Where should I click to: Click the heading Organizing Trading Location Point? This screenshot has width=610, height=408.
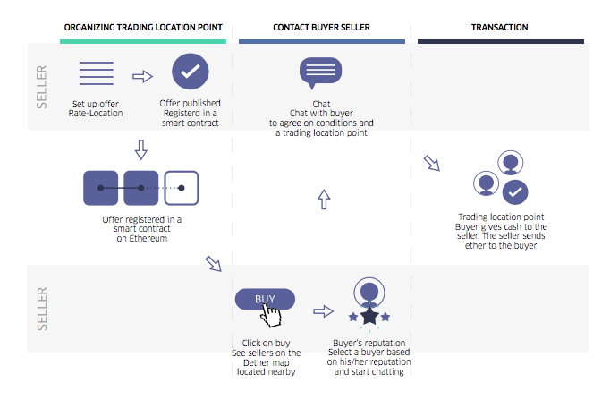[x=144, y=28]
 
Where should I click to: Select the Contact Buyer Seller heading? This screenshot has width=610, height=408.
[x=321, y=28]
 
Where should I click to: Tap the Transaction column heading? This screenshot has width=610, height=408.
[x=499, y=28]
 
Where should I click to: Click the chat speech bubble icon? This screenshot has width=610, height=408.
[x=320, y=73]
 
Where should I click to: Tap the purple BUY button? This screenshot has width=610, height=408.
[x=265, y=299]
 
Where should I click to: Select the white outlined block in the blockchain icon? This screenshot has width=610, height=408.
[x=182, y=188]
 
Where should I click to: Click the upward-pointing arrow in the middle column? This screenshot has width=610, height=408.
[x=324, y=200]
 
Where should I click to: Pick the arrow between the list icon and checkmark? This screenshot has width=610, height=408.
[x=142, y=76]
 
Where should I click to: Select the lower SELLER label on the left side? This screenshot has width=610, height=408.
[x=41, y=308]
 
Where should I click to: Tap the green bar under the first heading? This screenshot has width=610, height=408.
[x=144, y=41]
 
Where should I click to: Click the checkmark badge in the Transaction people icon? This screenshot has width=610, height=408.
[x=514, y=191]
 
